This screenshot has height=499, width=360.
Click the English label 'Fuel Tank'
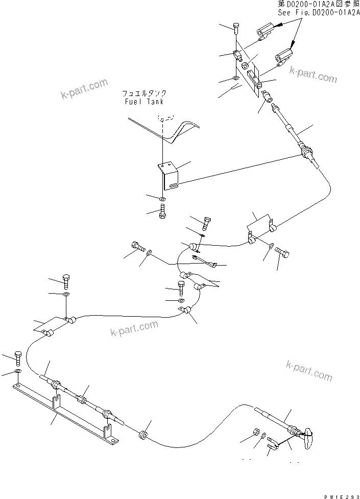point(144,102)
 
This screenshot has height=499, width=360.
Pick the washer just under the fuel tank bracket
point(162,198)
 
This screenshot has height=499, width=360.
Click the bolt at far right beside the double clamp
point(282,252)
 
